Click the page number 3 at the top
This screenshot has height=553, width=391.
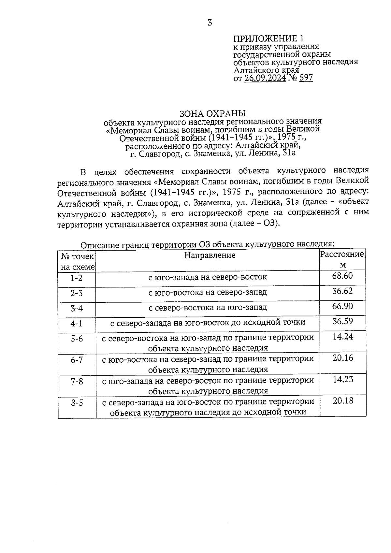(x=210, y=23)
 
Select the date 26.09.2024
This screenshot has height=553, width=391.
(x=265, y=78)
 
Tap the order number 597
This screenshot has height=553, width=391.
(x=306, y=78)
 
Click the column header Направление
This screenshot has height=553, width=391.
(x=210, y=255)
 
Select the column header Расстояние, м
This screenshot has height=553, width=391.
(x=342, y=259)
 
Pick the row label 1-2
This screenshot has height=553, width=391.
(x=77, y=278)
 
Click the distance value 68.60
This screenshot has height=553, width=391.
(x=342, y=276)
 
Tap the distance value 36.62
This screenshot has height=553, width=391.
(x=342, y=291)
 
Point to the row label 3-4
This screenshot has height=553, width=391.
(x=77, y=308)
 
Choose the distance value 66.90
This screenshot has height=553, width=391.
(x=342, y=306)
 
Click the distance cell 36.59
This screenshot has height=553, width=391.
(x=342, y=322)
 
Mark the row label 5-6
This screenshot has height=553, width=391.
(x=77, y=339)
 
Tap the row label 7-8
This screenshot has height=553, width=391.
(x=77, y=382)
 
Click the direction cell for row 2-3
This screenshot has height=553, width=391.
(x=208, y=292)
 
